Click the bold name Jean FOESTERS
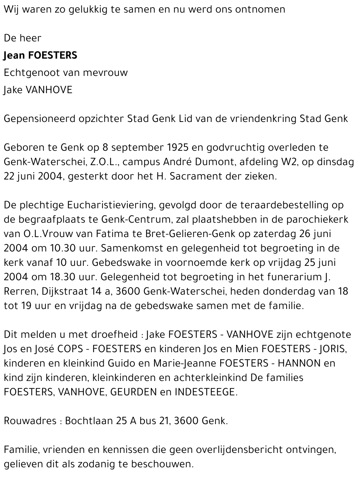click(x=40, y=55)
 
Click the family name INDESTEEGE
click(x=206, y=392)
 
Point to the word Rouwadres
click(x=30, y=421)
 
